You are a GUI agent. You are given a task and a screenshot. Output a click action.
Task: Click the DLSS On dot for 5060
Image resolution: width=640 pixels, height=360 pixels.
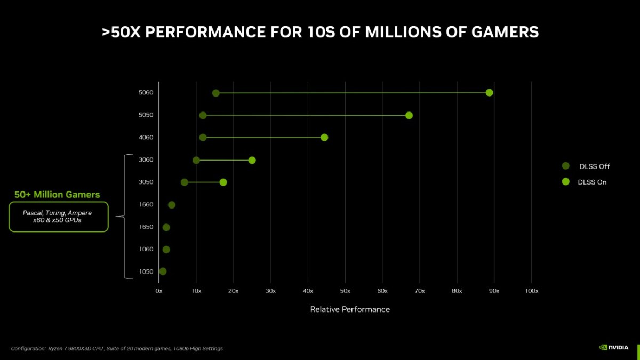(x=489, y=93)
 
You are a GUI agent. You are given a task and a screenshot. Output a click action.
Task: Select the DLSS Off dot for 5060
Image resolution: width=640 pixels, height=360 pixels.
(x=215, y=93)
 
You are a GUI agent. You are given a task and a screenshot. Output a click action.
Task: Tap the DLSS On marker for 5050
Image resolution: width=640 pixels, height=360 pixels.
(x=409, y=115)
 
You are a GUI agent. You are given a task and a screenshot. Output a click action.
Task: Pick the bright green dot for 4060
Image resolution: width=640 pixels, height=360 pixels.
(x=324, y=138)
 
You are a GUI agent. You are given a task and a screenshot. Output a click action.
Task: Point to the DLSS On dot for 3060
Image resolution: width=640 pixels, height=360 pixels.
(x=252, y=161)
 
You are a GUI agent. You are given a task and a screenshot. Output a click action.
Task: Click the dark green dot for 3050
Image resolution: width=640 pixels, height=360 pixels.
(x=185, y=182)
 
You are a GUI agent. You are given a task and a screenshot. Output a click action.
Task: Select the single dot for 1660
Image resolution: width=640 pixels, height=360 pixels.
(x=172, y=205)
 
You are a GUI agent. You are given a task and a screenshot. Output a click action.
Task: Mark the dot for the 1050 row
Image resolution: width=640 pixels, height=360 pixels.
(x=163, y=271)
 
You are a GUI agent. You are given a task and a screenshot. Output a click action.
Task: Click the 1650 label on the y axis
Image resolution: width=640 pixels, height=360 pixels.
(x=146, y=227)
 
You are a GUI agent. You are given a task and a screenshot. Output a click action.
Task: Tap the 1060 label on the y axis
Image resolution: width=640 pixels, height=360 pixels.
(x=146, y=250)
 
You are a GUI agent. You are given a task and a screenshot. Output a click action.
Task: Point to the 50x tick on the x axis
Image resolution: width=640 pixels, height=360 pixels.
(x=345, y=291)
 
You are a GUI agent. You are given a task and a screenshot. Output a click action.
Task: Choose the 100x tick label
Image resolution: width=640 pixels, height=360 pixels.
(x=531, y=291)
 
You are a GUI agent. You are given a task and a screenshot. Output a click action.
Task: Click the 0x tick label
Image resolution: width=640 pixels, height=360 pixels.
(x=159, y=291)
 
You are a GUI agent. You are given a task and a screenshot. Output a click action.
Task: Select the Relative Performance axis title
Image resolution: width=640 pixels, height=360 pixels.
(x=350, y=309)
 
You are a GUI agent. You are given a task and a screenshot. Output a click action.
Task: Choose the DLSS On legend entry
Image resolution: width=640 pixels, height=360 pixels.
(x=592, y=182)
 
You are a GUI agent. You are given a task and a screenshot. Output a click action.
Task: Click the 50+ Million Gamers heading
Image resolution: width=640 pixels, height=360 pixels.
(x=57, y=195)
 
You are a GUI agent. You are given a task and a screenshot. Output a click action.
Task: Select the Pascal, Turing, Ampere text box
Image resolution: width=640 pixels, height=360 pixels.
(x=59, y=216)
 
